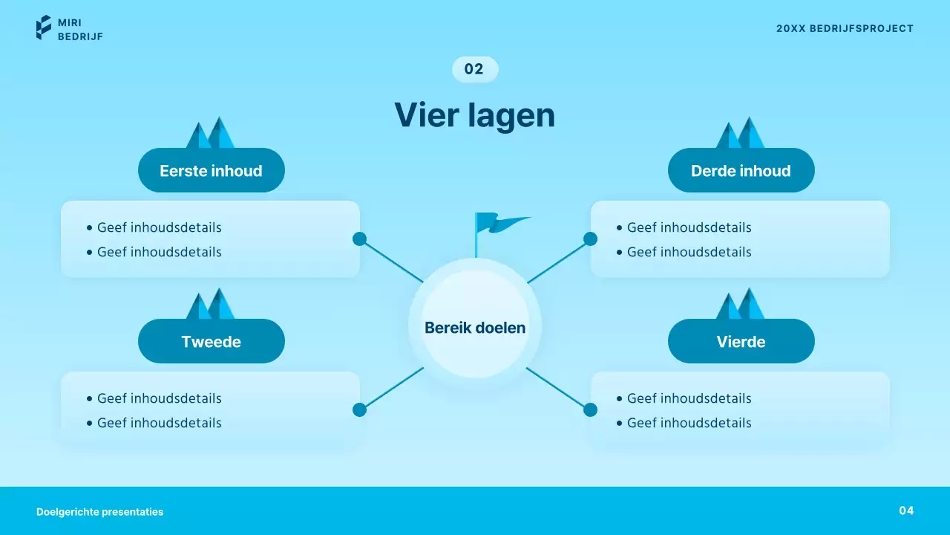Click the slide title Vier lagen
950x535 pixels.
pos(474,116)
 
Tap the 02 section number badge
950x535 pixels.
pos(474,69)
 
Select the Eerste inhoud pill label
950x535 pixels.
pos(211,171)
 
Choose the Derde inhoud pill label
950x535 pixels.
pos(741,171)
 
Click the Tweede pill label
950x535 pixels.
pos(211,342)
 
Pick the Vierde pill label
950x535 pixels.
pos(741,342)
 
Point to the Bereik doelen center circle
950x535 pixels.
pos(475,327)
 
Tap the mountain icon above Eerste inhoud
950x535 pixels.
pos(210,133)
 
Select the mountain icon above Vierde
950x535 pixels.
pos(740,304)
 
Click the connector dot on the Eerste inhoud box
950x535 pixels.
pos(359,239)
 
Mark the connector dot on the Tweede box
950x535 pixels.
pos(359,409)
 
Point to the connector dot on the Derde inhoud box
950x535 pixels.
pos(590,239)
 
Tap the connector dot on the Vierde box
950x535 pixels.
pos(590,409)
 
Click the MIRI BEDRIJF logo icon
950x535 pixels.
pos(44,27)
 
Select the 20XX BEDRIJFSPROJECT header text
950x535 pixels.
pos(845,28)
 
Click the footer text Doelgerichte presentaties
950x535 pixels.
pos(99,512)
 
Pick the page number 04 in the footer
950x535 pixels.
pos(906,510)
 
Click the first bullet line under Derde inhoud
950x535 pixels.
pos(689,227)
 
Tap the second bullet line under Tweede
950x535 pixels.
pos(159,423)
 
